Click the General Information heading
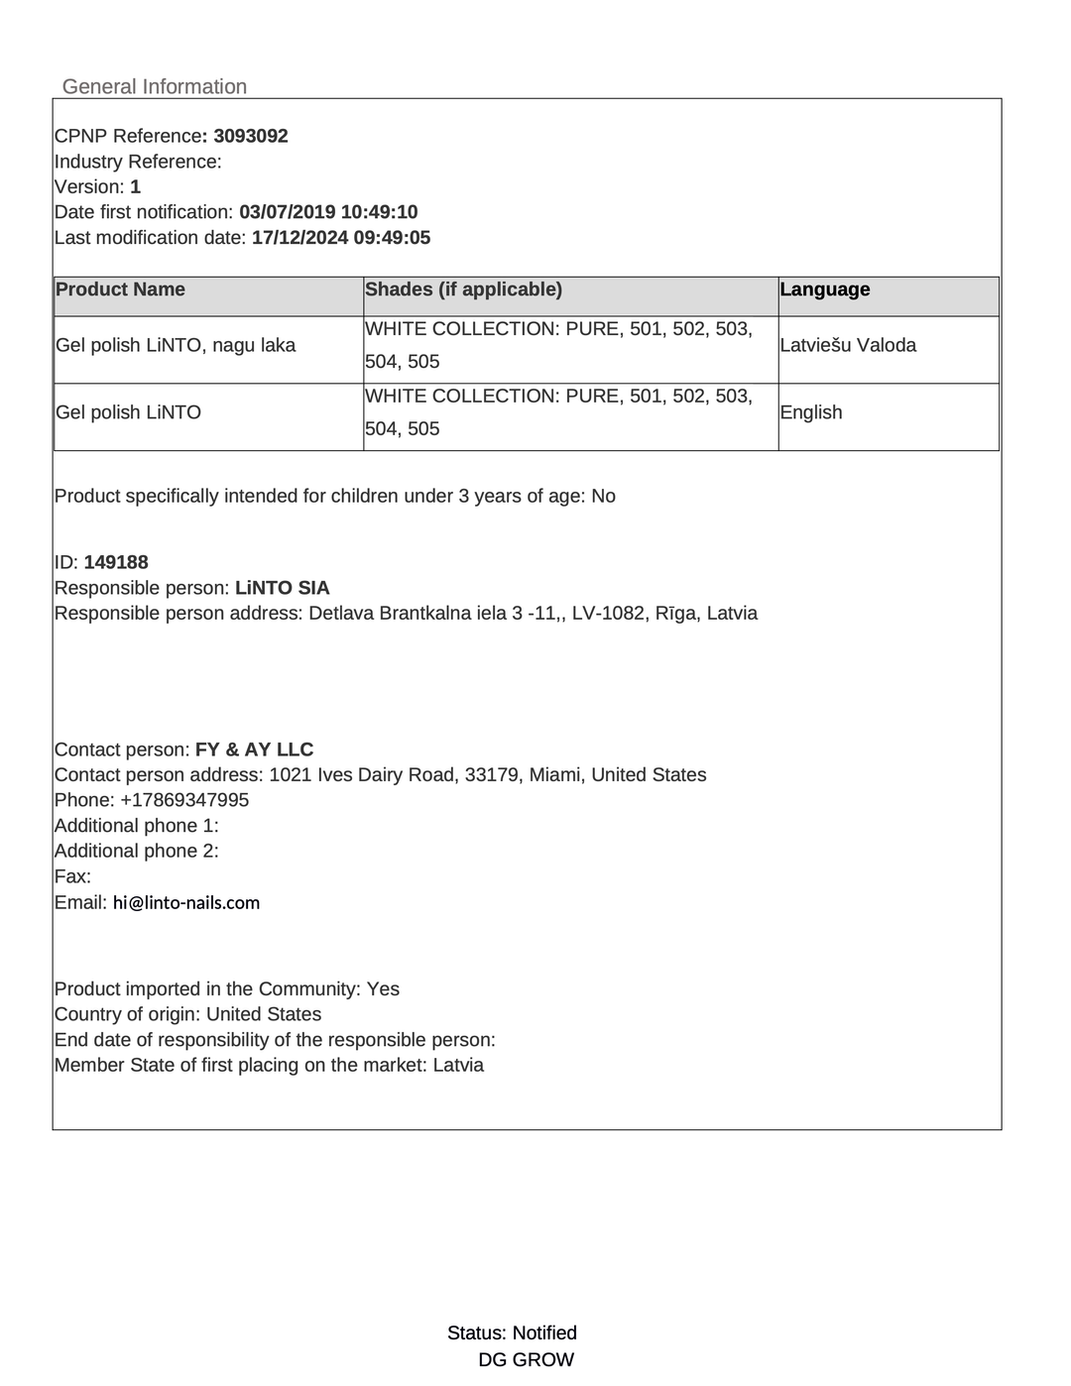(155, 86)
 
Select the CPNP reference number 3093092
(251, 136)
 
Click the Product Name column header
(120, 289)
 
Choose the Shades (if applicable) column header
(463, 289)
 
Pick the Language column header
(825, 289)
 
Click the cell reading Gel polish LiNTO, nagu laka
(176, 346)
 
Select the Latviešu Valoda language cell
(848, 346)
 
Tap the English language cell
(811, 412)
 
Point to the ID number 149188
(116, 562)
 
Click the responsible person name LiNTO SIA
(283, 588)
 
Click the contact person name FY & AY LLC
(254, 750)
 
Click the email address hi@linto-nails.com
(186, 903)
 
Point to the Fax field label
(72, 876)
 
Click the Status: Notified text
(512, 1333)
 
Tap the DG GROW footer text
(526, 1360)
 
